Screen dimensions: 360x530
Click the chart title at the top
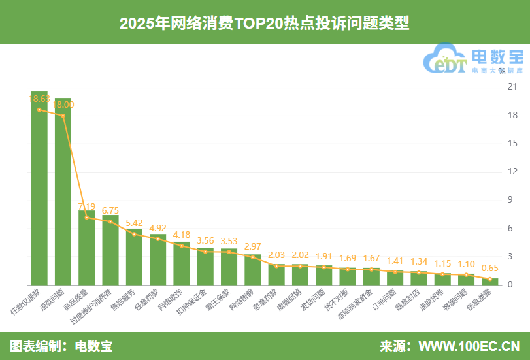[x=264, y=23]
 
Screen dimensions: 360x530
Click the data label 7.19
[x=86, y=206]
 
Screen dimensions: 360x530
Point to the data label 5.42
[x=134, y=223]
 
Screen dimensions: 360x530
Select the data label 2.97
[x=253, y=246]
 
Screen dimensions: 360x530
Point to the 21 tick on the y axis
[x=512, y=87]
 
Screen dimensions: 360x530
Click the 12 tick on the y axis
[x=512, y=172]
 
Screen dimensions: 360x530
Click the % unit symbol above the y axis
[x=501, y=71]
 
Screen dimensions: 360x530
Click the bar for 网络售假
[x=253, y=269]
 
